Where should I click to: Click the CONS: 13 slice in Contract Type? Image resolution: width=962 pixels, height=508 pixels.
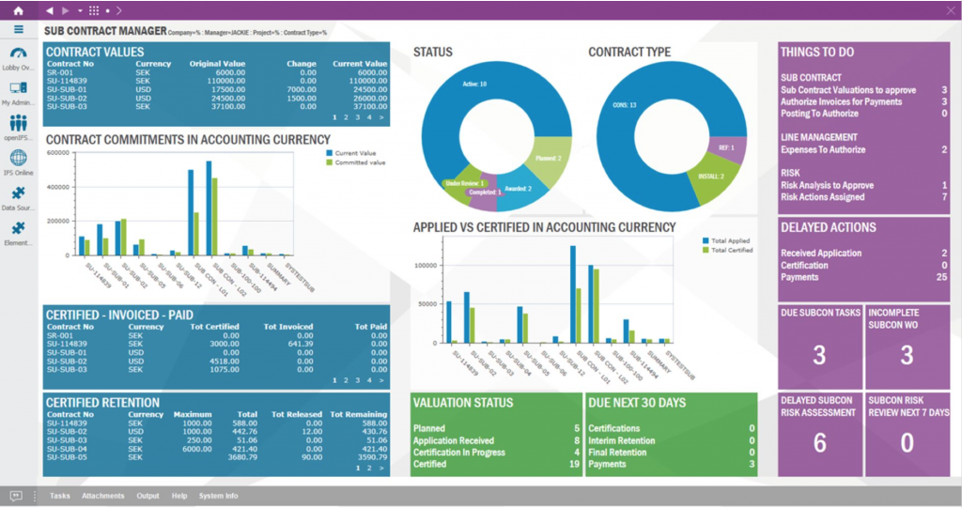[625, 105]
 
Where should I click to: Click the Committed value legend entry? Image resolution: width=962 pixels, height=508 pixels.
[359, 162]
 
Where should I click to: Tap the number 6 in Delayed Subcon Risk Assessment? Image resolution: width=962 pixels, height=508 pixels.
[819, 443]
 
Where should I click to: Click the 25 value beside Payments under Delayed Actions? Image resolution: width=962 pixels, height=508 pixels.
[940, 277]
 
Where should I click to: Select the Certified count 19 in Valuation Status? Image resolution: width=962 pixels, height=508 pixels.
[574, 464]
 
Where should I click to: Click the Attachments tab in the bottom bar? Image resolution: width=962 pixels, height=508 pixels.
[102, 496]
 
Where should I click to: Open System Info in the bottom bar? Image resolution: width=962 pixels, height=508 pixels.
[218, 496]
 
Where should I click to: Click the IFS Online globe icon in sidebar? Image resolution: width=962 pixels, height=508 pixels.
[18, 158]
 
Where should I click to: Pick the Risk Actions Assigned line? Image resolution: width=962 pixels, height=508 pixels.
[822, 197]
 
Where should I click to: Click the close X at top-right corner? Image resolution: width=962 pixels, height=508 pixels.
[948, 9]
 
